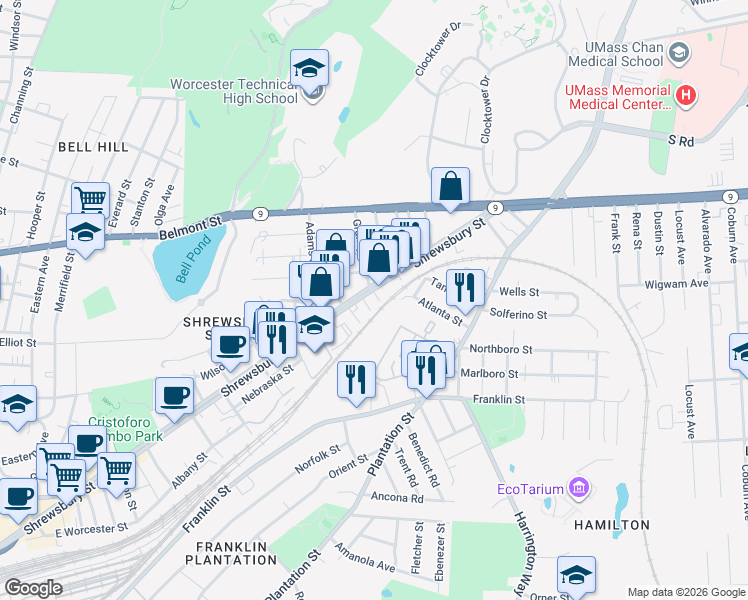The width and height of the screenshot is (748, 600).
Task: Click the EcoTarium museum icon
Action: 578,488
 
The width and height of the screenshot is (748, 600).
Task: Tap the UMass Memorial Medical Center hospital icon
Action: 686,96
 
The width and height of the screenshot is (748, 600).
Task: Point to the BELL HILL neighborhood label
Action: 93,147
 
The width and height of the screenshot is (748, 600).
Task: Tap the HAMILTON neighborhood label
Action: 612,524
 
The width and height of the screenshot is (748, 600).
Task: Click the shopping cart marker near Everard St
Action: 90,198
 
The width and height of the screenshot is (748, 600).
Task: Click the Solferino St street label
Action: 519,315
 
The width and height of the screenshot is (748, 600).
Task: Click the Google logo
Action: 33,588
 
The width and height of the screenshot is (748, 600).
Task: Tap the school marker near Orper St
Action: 576,574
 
